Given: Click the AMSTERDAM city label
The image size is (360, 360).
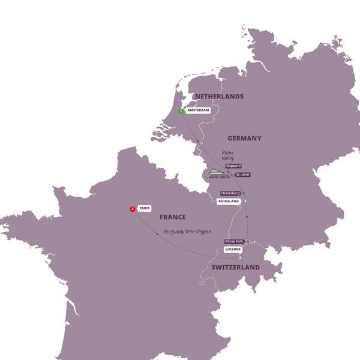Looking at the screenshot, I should tap(198, 111).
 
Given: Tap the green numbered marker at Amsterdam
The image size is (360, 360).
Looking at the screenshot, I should tap(181, 111).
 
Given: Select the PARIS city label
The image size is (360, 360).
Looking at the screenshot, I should tap(144, 208).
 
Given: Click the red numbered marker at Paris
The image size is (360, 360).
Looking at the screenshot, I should tap(132, 209).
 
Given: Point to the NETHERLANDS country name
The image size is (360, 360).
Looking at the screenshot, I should tap(218, 97).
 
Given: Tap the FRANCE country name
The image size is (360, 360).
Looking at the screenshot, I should tap(172, 217).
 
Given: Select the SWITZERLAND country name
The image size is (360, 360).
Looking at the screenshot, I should tap(235, 267).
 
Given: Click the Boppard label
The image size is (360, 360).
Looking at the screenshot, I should tap(233, 166).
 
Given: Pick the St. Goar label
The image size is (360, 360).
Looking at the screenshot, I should tap(242, 174).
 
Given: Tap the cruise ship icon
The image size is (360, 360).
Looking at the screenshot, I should tap(216, 171).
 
